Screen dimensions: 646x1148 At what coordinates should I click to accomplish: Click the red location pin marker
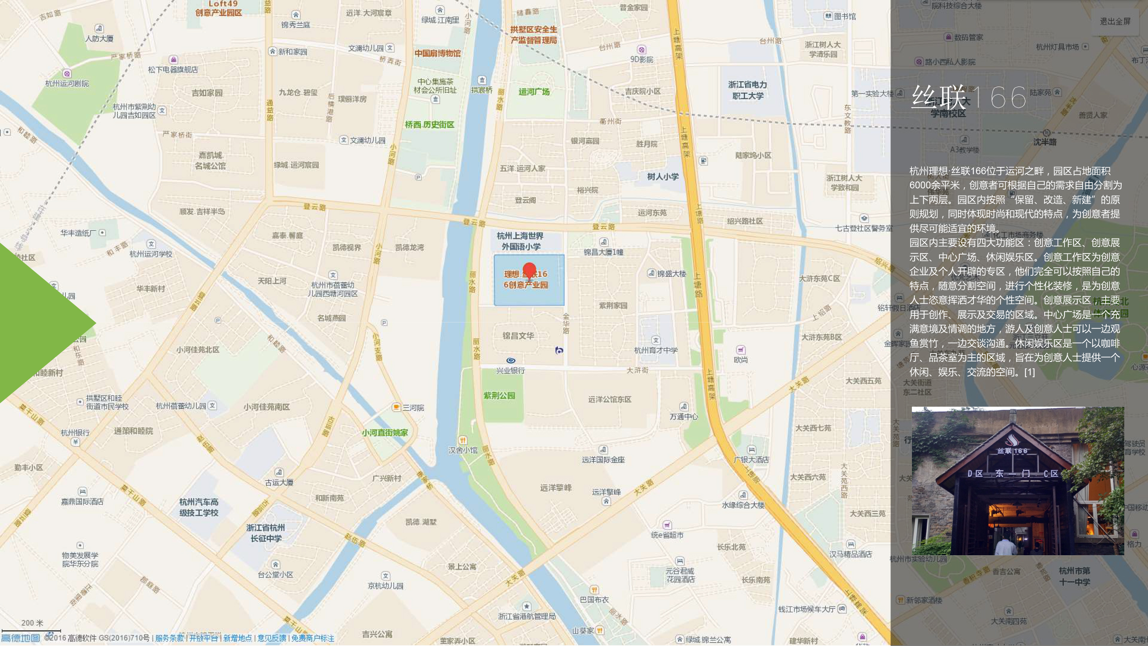click(x=529, y=271)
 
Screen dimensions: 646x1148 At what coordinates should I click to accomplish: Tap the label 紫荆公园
click(x=499, y=396)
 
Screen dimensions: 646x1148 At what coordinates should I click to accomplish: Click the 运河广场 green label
click(x=534, y=92)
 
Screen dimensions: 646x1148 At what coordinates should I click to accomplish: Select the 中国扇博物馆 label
click(x=437, y=54)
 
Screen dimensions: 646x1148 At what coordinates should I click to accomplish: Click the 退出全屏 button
click(x=1115, y=21)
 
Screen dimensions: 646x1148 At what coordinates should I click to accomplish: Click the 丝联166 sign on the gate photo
click(x=1012, y=451)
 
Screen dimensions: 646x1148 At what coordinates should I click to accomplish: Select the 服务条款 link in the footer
click(x=170, y=638)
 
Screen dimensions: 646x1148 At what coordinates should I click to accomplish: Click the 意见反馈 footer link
click(x=271, y=638)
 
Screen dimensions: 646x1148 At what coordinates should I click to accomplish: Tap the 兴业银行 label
click(x=511, y=370)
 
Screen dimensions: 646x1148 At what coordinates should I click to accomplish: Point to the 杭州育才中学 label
click(x=656, y=350)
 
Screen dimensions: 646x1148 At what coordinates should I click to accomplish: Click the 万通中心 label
click(x=683, y=416)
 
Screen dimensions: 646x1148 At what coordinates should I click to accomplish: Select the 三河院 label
click(x=413, y=407)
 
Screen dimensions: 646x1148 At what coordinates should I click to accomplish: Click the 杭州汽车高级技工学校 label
click(x=199, y=507)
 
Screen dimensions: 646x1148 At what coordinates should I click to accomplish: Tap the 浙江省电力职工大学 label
click(x=747, y=90)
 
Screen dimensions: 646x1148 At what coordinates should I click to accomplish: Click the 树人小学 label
click(x=663, y=177)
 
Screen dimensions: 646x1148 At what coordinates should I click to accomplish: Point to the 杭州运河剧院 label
click(x=67, y=83)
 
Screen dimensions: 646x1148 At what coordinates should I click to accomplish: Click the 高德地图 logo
click(x=21, y=638)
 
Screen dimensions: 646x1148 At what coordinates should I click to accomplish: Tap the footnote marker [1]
click(x=1029, y=372)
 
